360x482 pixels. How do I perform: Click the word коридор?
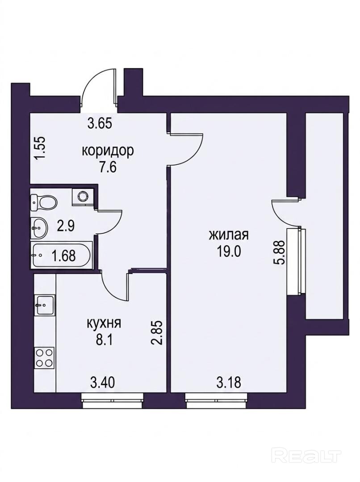click(x=108, y=151)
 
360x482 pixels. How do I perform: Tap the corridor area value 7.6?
click(x=107, y=168)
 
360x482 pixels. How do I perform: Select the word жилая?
click(x=229, y=235)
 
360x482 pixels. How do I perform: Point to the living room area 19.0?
click(x=229, y=252)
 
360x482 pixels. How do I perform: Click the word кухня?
click(x=105, y=324)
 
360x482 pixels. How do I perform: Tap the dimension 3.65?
click(x=100, y=124)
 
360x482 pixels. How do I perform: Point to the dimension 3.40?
click(x=102, y=383)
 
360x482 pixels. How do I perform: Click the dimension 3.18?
click(x=228, y=383)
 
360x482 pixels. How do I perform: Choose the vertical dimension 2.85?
click(x=156, y=333)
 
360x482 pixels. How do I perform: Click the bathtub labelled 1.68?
click(x=61, y=255)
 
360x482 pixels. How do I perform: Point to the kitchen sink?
click(x=45, y=305)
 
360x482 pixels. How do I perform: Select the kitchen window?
click(x=113, y=401)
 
